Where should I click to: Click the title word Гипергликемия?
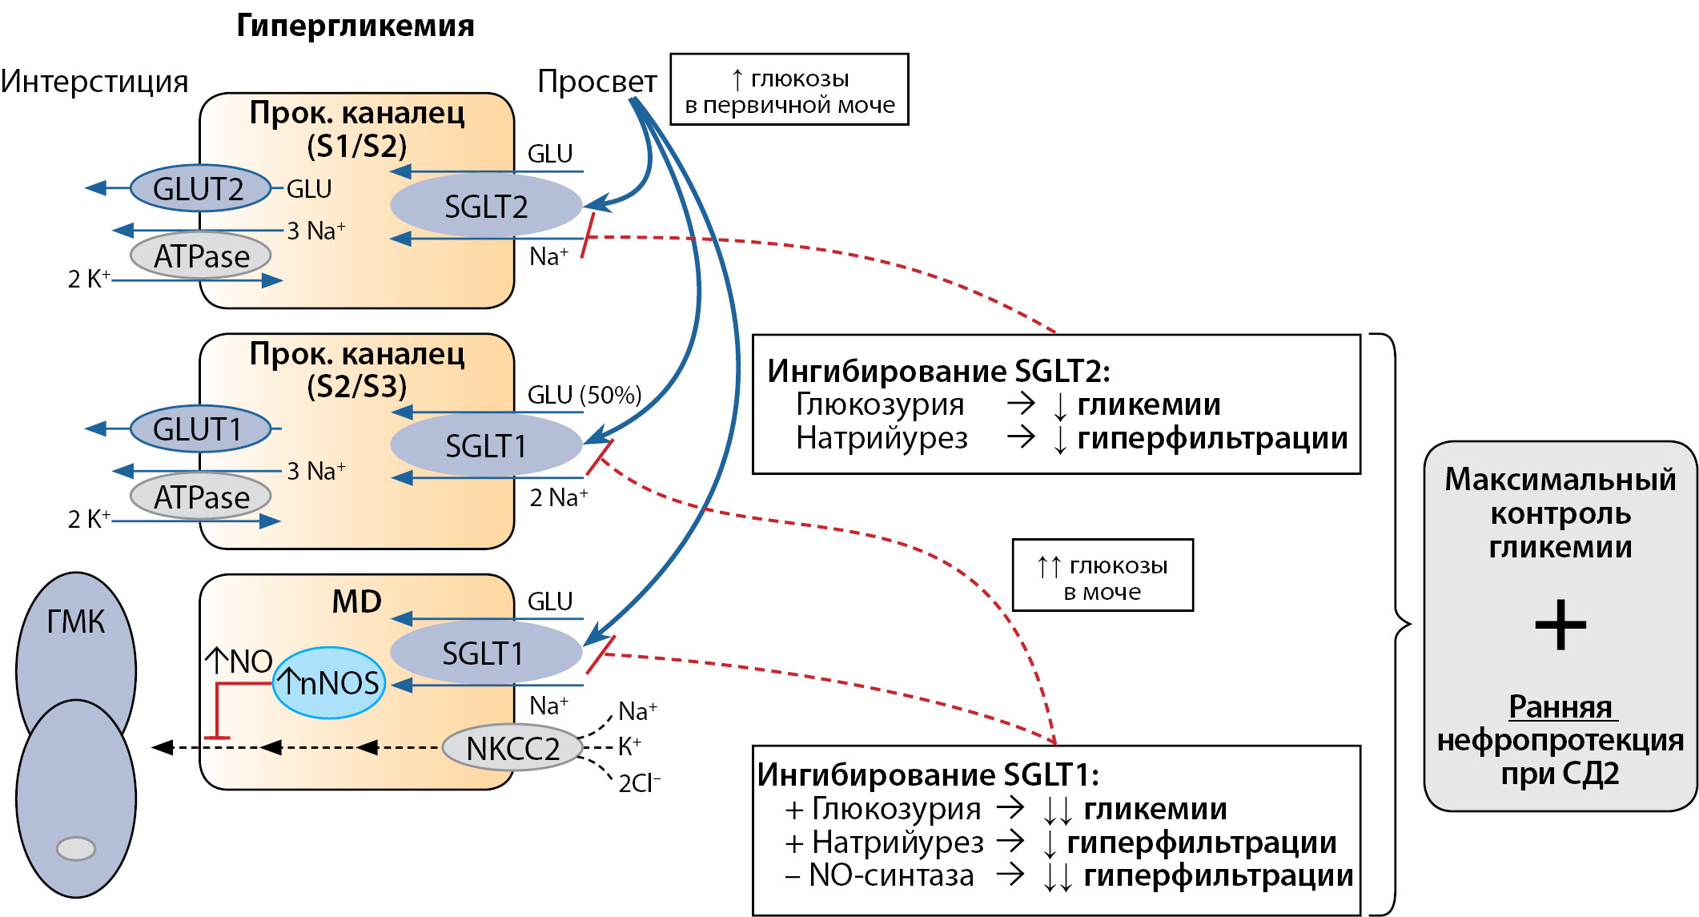(355, 26)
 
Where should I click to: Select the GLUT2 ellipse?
(199, 189)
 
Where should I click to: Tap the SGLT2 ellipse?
(486, 207)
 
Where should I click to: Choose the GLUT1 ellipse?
(199, 429)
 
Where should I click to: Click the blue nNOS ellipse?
(329, 683)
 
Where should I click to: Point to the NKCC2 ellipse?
(512, 749)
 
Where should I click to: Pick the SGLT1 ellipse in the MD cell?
(484, 654)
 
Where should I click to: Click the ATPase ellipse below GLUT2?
(201, 256)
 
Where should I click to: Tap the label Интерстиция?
(94, 82)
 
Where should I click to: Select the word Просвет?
(596, 82)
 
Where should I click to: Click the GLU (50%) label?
(584, 395)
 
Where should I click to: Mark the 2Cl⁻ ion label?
(639, 782)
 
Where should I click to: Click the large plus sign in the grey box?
(1560, 625)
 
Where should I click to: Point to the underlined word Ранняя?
(1560, 707)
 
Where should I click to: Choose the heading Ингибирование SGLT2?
(938, 371)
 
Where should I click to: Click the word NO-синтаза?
(891, 875)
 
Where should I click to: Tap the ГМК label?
(75, 622)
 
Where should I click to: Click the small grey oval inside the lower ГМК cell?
(76, 848)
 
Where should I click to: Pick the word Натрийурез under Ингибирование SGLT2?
(882, 438)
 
